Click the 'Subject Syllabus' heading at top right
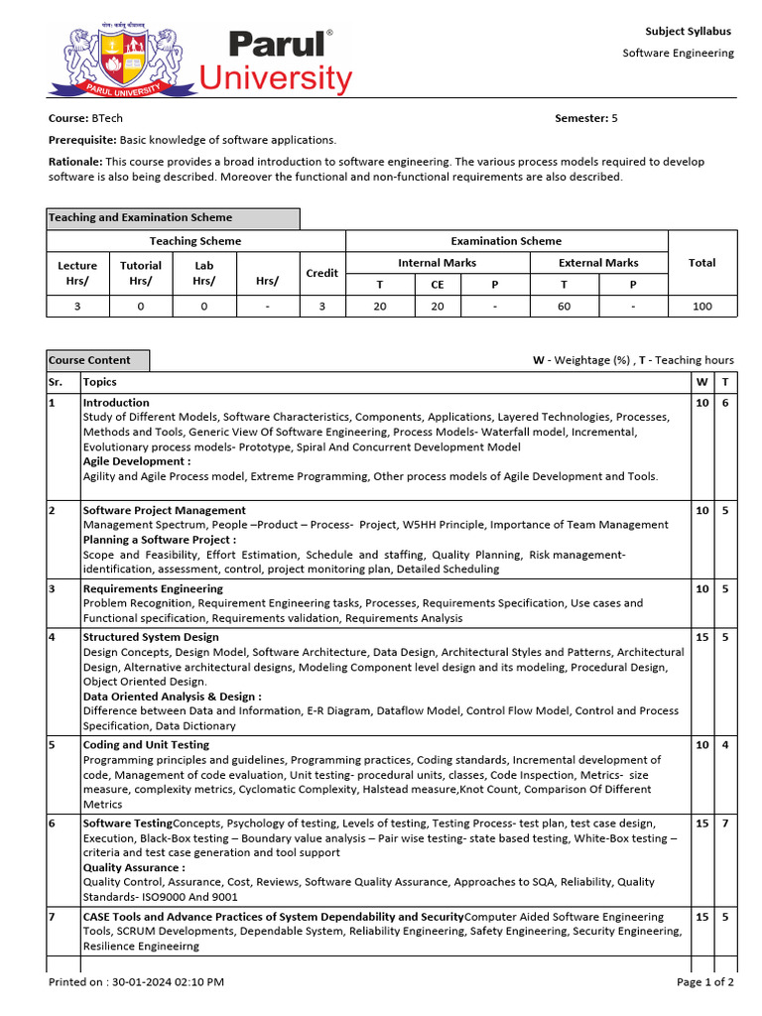click(x=688, y=32)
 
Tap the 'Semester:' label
click(x=580, y=118)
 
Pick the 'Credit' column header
click(x=321, y=273)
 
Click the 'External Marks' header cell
click(x=599, y=263)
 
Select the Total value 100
click(x=702, y=307)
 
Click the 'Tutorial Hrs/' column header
click(x=140, y=273)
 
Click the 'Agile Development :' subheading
click(x=137, y=461)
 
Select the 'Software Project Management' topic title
click(x=164, y=510)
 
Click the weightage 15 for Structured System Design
click(x=701, y=637)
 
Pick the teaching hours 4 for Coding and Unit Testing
click(x=725, y=745)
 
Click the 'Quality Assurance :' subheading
click(x=134, y=867)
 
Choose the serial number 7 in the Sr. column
click(x=53, y=917)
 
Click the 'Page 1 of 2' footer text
click(x=705, y=982)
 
